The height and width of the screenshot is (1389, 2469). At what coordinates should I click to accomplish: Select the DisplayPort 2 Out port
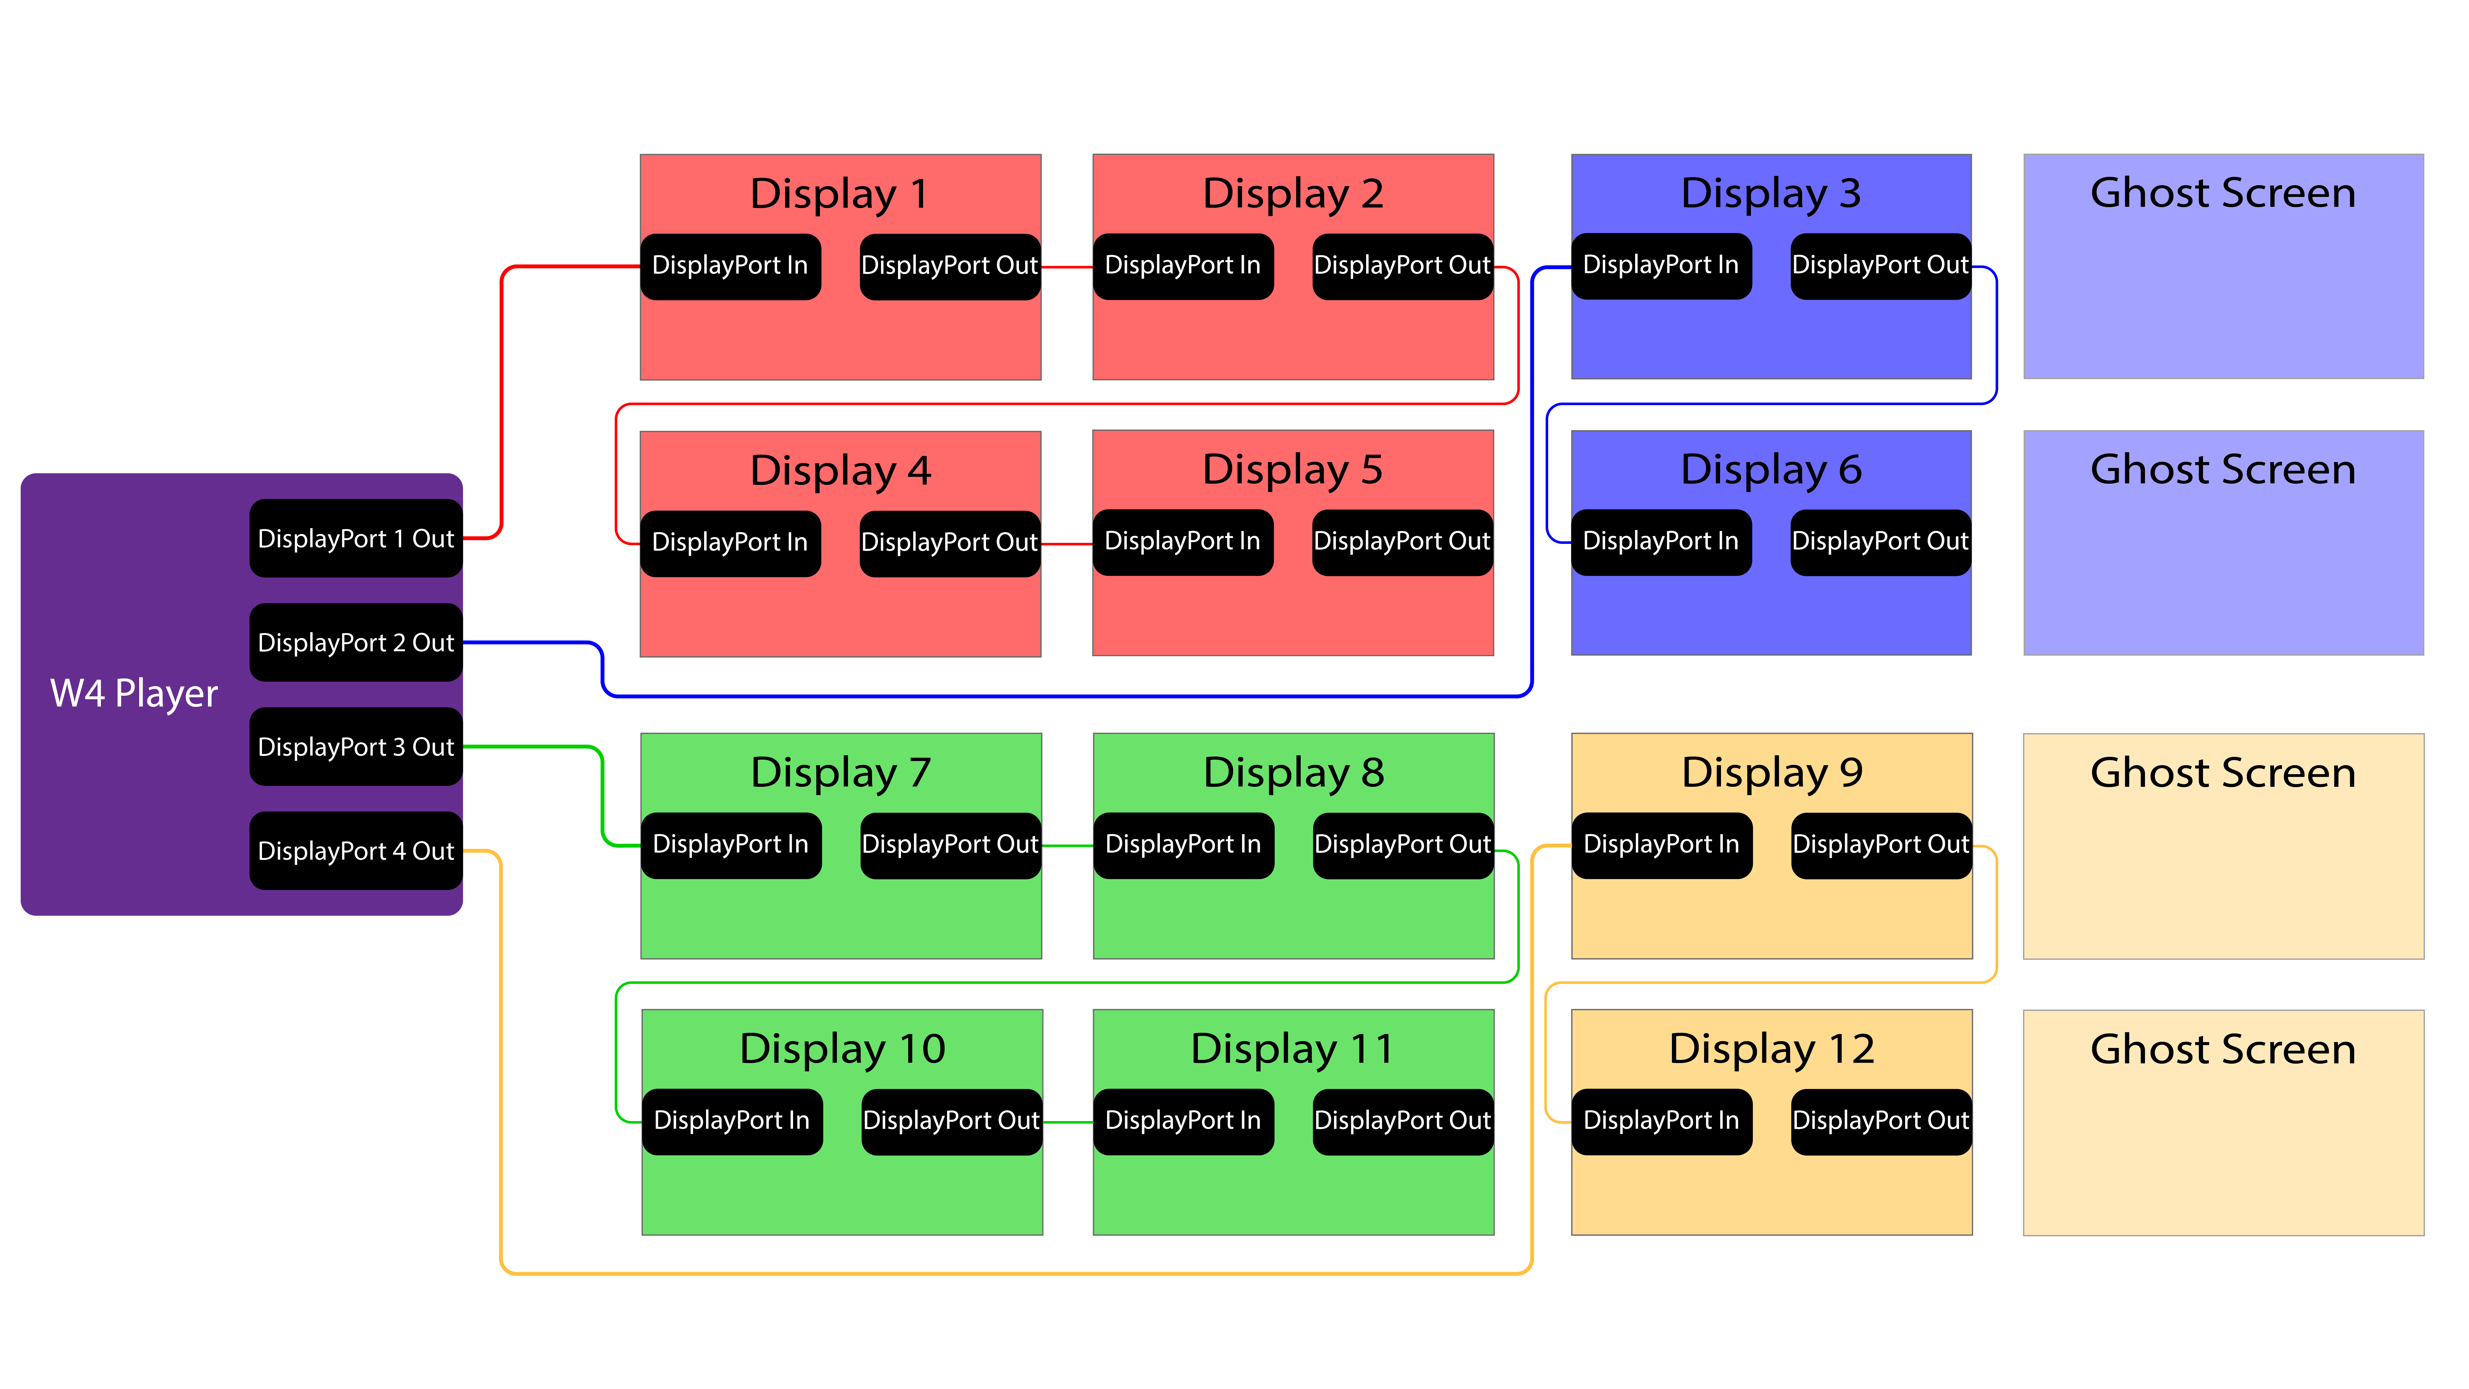[355, 642]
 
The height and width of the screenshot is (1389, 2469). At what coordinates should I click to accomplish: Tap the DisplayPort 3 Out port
[355, 747]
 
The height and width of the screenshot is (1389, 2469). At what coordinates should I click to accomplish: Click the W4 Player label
[134, 693]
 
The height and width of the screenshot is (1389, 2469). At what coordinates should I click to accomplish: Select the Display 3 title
[1771, 194]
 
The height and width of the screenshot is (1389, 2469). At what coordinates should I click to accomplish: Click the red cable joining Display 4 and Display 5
[1067, 544]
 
